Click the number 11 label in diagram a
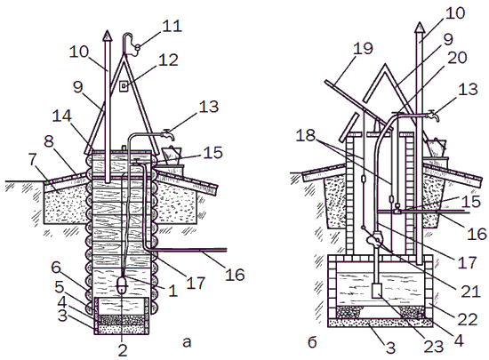coord(172,26)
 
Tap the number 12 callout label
coord(168,60)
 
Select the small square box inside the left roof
coord(124,85)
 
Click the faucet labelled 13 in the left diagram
coord(167,134)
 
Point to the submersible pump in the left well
coord(122,284)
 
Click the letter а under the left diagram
coord(187,342)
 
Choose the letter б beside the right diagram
coord(312,342)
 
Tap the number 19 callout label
coord(363,49)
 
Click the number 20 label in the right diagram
coord(457,58)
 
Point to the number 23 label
coord(434,347)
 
